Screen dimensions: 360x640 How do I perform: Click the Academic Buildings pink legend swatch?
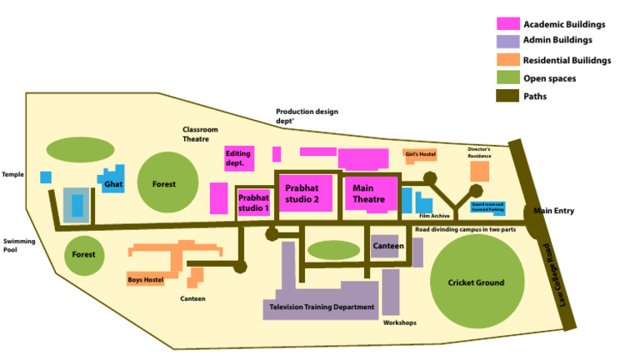coord(507,24)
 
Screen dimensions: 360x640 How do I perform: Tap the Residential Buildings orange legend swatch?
coord(507,60)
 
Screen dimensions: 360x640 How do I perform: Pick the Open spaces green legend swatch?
coord(507,78)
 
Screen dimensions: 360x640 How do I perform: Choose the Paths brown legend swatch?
coord(507,97)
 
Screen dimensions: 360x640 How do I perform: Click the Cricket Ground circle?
coord(478,283)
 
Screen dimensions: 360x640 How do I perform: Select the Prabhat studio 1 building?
coord(253,202)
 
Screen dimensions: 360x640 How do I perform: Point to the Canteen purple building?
coord(387,246)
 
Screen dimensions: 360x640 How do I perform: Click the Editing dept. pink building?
coord(238,157)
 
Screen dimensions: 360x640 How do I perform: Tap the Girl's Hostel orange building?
coord(420,154)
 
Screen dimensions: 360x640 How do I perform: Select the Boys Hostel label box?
coord(146,280)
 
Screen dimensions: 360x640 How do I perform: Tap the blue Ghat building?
coord(113,182)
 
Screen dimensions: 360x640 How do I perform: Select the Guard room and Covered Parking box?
coord(487,207)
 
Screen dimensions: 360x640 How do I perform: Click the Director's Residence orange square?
coord(479,171)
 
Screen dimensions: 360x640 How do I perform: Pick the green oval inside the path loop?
coord(333,249)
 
